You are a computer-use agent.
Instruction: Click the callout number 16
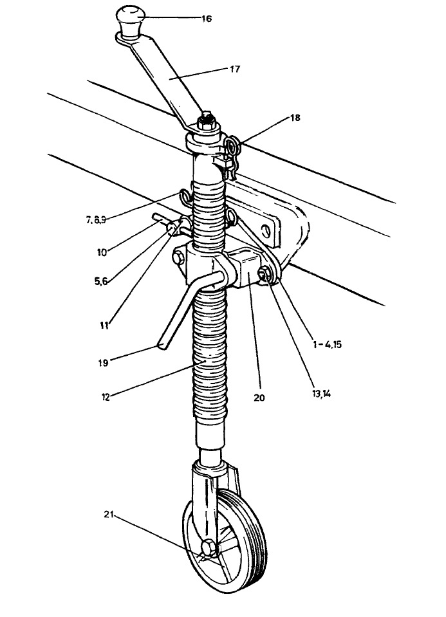[x=207, y=19]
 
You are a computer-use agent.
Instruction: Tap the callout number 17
[x=235, y=69]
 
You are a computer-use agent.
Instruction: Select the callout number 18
[x=295, y=118]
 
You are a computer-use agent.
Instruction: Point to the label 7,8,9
[x=96, y=220]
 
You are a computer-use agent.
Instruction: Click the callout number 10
[x=102, y=252]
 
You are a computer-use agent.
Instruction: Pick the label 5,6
[x=101, y=282]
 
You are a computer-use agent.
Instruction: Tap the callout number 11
[x=104, y=326]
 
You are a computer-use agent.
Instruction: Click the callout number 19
[x=103, y=362]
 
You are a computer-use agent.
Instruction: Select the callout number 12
[x=105, y=396]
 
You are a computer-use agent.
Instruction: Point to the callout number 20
[x=259, y=398]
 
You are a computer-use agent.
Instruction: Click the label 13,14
[x=321, y=394]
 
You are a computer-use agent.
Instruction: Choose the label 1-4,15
[x=327, y=344]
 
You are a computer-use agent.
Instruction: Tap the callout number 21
[x=109, y=514]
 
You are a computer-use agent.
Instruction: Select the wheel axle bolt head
[x=209, y=548]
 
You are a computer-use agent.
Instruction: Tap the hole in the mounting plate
[x=266, y=230]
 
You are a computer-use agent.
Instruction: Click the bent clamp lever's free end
[x=162, y=346]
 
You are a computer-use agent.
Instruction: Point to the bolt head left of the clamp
[x=178, y=258]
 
